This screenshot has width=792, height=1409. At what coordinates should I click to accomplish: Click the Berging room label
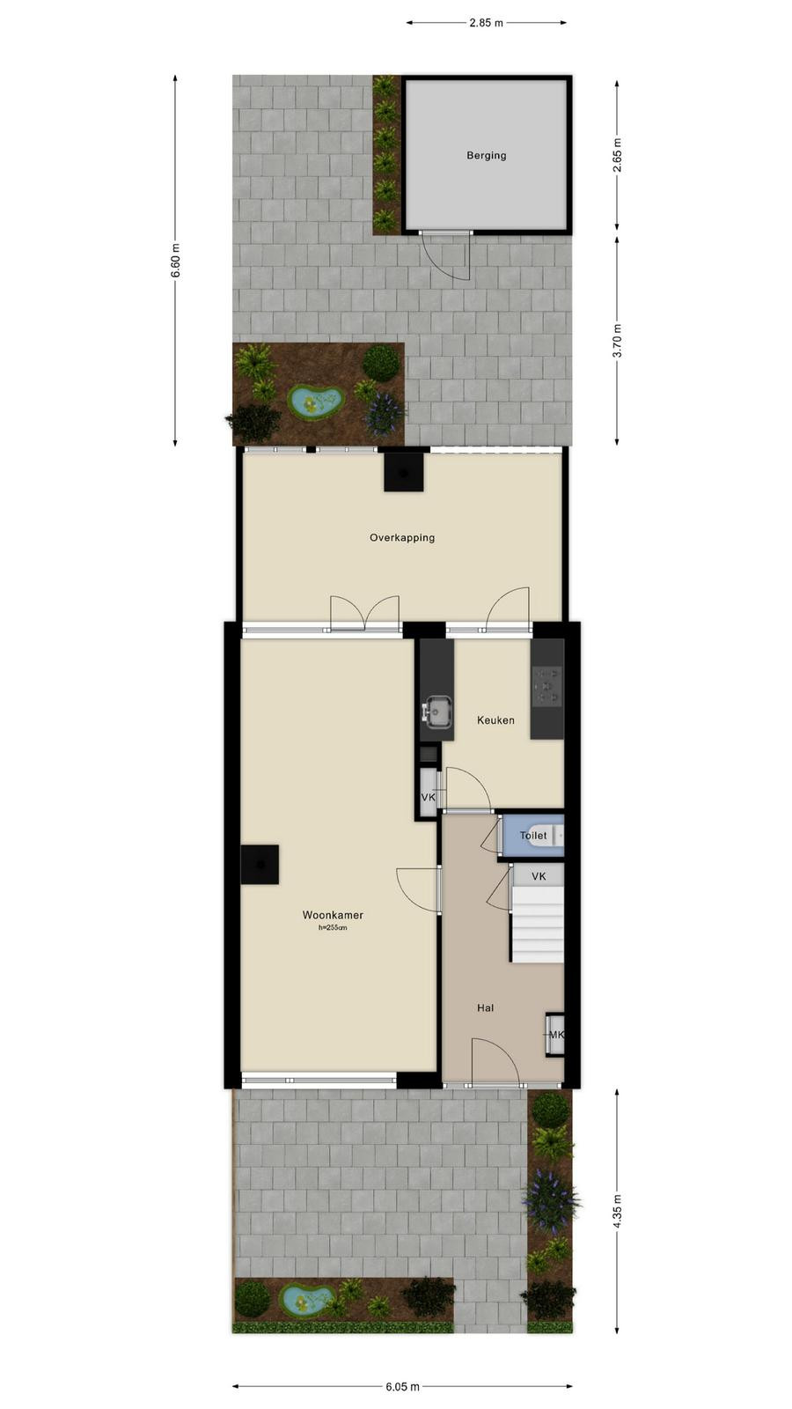pos(486,155)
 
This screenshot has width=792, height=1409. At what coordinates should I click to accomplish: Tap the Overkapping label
pos(402,538)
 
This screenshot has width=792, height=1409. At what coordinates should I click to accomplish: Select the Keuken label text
pos(495,720)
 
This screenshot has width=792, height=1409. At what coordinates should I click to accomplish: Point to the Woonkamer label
pos(333,915)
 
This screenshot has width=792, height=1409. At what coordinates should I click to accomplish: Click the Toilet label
pos(533,836)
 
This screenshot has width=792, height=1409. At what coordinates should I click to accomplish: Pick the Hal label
pos(485,1007)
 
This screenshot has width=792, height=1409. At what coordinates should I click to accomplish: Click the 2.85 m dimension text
pos(486,23)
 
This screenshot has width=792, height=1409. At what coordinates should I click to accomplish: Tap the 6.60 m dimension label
pos(176,261)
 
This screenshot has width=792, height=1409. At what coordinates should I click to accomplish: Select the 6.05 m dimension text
pos(402,1386)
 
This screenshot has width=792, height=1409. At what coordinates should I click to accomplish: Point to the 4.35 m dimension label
pos(617,1212)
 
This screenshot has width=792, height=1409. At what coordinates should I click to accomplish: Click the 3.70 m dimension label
pos(617,340)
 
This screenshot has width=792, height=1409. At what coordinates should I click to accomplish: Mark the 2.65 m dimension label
pos(617,155)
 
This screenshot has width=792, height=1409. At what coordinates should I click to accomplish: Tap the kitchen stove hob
pos(546,686)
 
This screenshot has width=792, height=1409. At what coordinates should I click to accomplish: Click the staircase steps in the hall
pos(536,924)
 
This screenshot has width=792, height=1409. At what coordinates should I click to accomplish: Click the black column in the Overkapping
pos(404,472)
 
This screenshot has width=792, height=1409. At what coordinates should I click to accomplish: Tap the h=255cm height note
pos(333,927)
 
